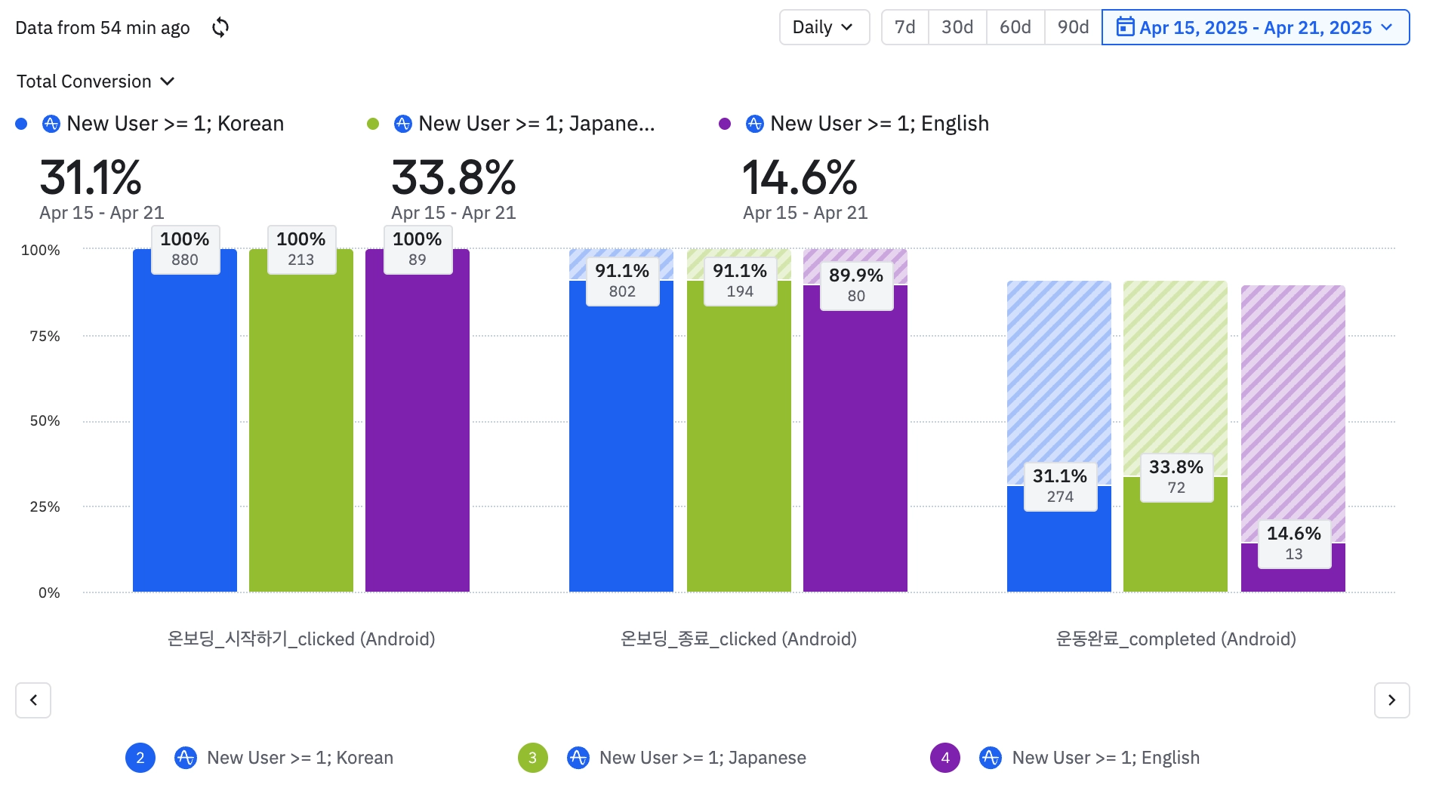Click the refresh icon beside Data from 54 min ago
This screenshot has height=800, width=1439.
point(220,28)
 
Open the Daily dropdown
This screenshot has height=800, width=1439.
point(824,28)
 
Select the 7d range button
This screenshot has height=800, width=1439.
point(904,28)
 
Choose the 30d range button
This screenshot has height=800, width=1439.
point(957,28)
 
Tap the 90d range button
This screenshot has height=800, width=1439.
point(1073,28)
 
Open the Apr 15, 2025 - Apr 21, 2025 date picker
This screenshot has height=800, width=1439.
point(1255,28)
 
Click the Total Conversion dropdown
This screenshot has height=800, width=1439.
point(95,82)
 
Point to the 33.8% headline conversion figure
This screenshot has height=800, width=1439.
point(453,178)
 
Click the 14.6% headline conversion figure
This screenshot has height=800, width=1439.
point(800,178)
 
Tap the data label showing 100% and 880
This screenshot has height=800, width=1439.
point(185,249)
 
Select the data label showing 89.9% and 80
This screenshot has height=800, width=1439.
point(855,285)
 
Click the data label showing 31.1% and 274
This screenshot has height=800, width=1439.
point(1060,486)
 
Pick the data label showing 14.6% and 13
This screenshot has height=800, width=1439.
point(1293,543)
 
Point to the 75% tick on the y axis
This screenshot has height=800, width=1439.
point(45,336)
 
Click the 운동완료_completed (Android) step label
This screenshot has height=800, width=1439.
point(1176,639)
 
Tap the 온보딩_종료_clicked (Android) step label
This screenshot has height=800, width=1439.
point(738,639)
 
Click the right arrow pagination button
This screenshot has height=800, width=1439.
point(1391,700)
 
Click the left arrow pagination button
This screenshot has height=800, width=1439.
point(33,700)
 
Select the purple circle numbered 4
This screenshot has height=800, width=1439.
point(944,758)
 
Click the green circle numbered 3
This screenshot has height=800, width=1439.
point(532,758)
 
